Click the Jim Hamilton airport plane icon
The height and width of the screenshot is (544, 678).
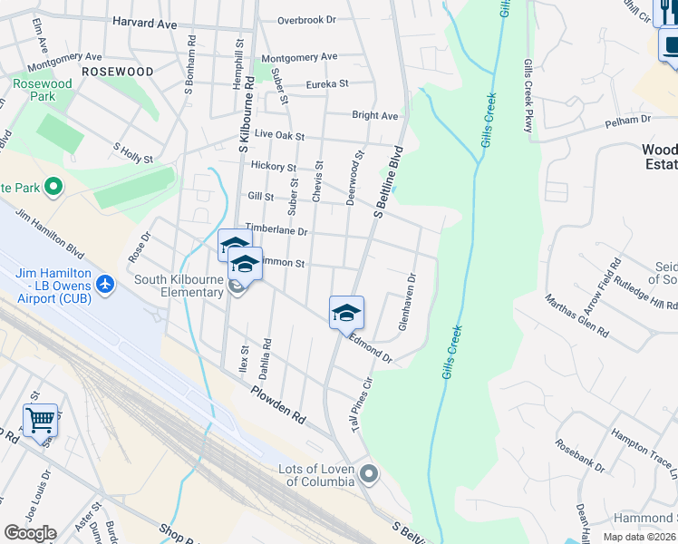click(107, 285)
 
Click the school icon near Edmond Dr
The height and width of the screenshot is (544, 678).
click(346, 313)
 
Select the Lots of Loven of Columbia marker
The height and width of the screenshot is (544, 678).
click(369, 472)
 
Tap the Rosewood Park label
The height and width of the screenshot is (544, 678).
click(43, 90)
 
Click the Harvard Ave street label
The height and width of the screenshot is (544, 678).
click(145, 24)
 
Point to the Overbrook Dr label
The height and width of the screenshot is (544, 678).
click(306, 19)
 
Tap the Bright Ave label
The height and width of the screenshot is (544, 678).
click(374, 116)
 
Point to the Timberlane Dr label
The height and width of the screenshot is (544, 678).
click(276, 231)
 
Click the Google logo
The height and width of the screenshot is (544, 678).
click(30, 533)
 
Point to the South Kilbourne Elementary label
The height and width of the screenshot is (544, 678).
click(179, 286)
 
